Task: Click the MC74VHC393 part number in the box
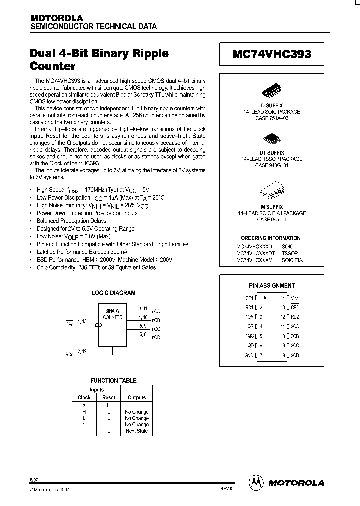tap(272, 54)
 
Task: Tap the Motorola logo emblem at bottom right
tap(256, 482)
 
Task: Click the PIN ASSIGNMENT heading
tap(272, 286)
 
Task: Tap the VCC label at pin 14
tap(295, 298)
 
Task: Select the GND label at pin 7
tap(249, 355)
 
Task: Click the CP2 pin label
tap(295, 308)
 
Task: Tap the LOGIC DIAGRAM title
tap(114, 293)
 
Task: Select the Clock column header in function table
tap(84, 397)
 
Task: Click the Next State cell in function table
tap(137, 431)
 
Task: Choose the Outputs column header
tap(137, 397)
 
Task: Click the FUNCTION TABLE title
tap(113, 381)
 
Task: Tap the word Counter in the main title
tap(53, 66)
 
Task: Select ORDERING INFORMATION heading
tap(270, 238)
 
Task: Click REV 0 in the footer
tap(226, 489)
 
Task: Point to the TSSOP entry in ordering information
tap(290, 254)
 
